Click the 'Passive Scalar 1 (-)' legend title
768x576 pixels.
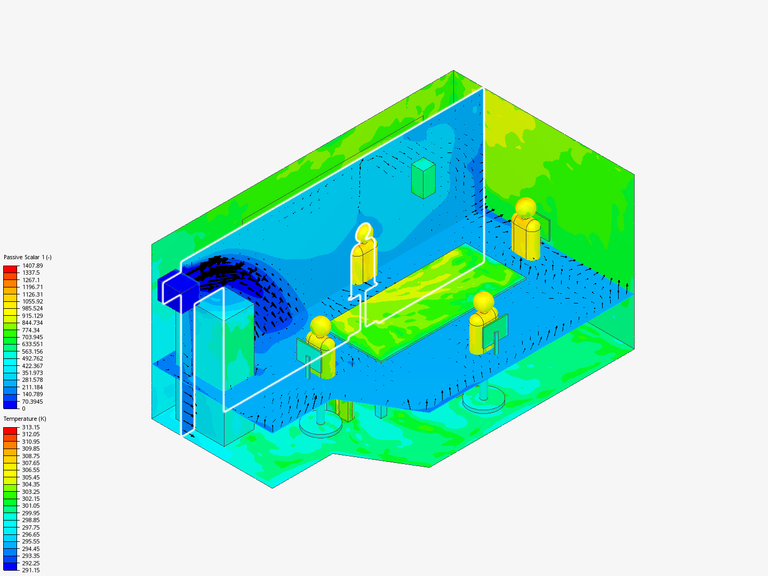[28, 257]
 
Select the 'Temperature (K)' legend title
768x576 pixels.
[25, 419]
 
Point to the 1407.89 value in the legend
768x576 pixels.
[33, 266]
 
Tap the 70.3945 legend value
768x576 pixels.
[33, 402]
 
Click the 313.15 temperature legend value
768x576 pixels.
[31, 427]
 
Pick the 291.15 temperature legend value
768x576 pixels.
[31, 570]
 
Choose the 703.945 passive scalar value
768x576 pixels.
[33, 337]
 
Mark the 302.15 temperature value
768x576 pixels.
[31, 499]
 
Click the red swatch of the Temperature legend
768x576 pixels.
[11, 430]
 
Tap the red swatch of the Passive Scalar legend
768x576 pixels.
[11, 269]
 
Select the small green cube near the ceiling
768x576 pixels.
[423, 178]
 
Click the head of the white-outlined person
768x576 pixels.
[364, 233]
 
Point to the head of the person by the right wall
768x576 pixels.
[526, 207]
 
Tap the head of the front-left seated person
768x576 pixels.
[321, 326]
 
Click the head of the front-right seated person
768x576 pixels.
[484, 302]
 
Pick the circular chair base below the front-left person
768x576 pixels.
[320, 425]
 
